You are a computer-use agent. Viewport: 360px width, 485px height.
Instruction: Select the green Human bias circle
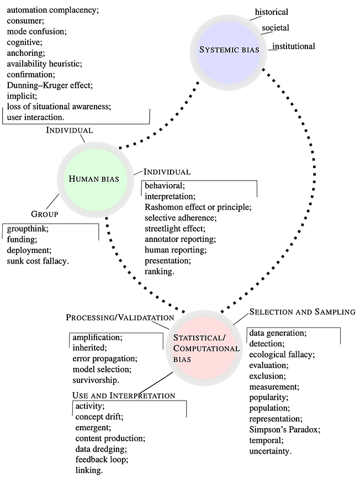point(94,178)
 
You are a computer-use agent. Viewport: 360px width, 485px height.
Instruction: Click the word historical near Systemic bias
point(271,12)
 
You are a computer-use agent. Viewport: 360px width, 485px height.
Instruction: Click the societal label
point(275,28)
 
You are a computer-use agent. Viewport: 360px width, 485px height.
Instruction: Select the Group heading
point(44,214)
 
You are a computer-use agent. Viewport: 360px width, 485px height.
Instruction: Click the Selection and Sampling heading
point(302,312)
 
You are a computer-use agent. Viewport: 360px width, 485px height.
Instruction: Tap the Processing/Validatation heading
point(120,318)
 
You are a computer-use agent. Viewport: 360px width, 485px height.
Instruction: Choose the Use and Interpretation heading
point(124,396)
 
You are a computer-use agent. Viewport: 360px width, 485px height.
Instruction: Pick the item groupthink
point(28,228)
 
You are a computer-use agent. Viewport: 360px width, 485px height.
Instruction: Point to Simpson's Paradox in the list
point(284,429)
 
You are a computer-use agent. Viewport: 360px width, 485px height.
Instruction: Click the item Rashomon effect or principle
point(198,207)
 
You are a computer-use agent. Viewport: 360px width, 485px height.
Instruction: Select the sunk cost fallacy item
point(38,260)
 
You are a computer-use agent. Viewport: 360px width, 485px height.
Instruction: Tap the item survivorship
point(96,380)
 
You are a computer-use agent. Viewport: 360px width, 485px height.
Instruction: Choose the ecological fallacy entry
point(281,354)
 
